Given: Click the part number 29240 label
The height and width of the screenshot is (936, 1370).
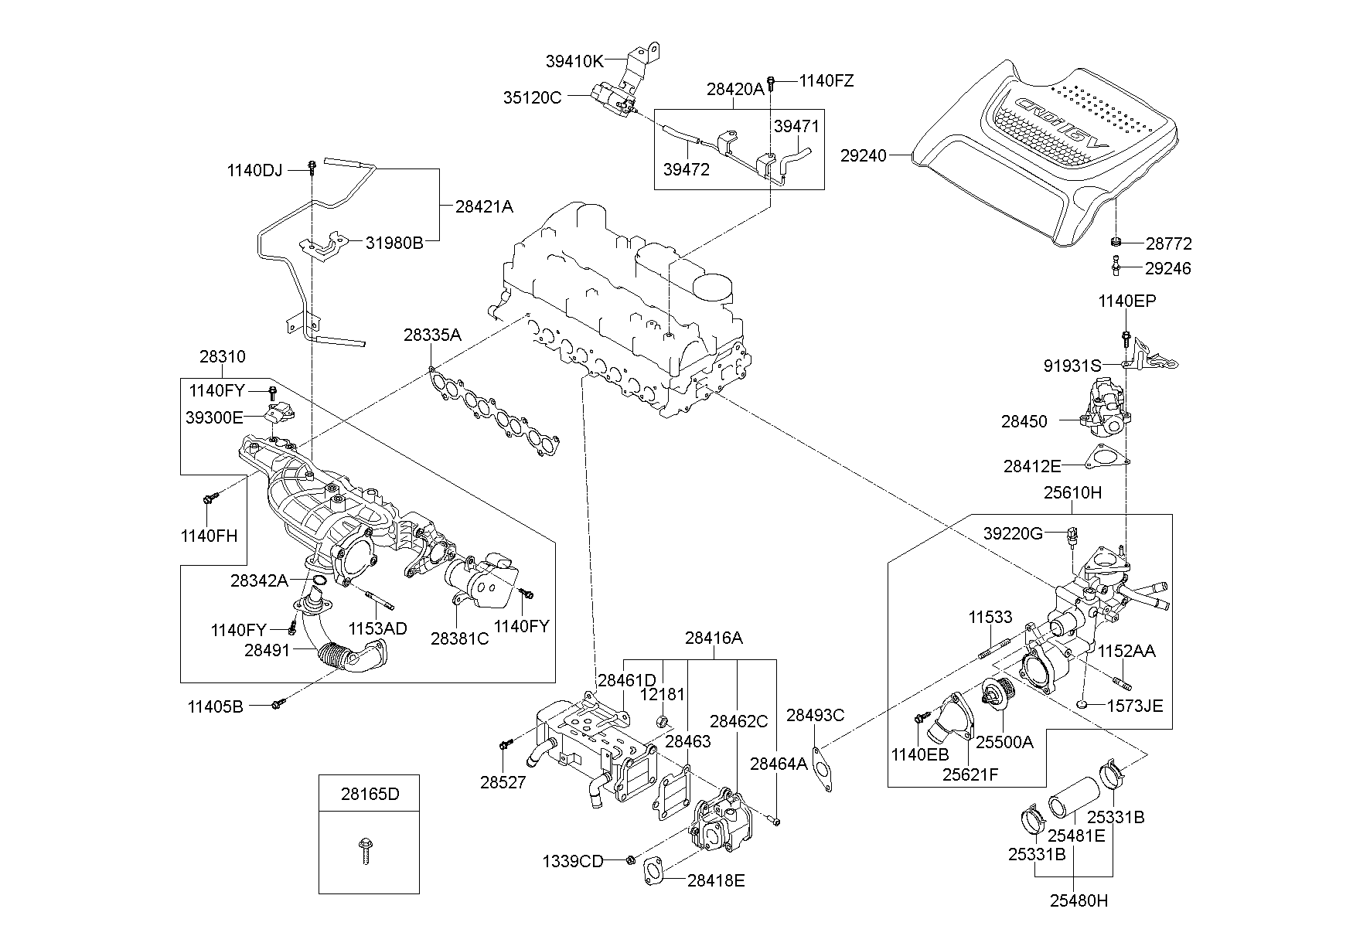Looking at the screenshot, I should [864, 155].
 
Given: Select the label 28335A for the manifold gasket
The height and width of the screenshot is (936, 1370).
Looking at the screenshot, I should [431, 335].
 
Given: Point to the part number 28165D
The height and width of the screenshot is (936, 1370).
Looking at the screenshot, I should [370, 794].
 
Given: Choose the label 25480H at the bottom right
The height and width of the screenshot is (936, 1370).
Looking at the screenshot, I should [1079, 900].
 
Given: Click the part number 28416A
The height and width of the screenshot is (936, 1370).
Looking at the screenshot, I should [714, 638].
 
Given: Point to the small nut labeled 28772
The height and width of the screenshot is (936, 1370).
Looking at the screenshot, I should [1116, 243].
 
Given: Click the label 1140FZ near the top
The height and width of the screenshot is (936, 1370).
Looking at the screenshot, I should [826, 81].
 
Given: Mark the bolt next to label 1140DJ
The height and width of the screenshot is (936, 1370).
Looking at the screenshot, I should [312, 166].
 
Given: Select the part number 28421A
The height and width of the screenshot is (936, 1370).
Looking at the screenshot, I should [483, 207].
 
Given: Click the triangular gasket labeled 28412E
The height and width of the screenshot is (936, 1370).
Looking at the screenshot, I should [1105, 458].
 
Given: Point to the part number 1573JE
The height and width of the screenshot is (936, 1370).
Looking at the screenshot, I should [1134, 705].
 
